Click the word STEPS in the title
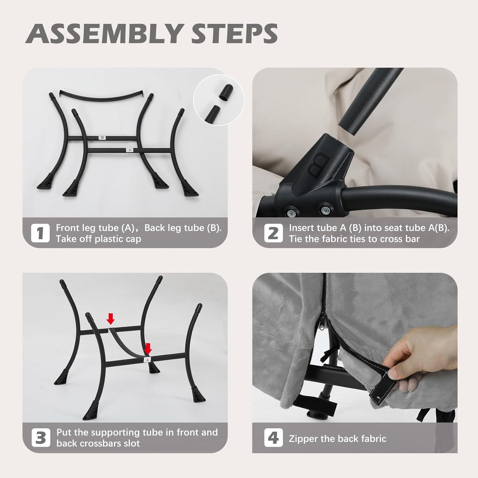click(x=234, y=33)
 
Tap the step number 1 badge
click(x=40, y=233)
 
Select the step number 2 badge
click(x=273, y=233)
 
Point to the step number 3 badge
click(x=40, y=438)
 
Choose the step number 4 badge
click(x=273, y=438)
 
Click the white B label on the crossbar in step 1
click(x=102, y=138)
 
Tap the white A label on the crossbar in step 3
click(x=147, y=360)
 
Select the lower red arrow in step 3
click(x=148, y=348)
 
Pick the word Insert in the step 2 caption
click(x=301, y=228)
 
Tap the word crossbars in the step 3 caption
click(x=95, y=444)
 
